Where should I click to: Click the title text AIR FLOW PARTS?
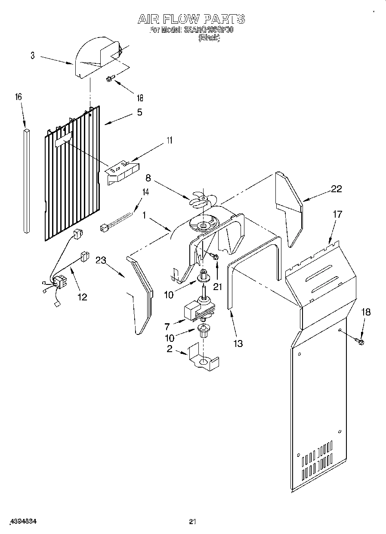pos(191,19)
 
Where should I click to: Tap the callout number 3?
pos(33,56)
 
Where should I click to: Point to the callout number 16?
pos(19,97)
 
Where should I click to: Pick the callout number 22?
pos(337,188)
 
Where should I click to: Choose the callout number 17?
pos(338,214)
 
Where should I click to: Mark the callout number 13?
pos(238,343)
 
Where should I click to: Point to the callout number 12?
pos(82,297)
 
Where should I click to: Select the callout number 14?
pos(146,192)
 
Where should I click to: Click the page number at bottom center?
pos(192,522)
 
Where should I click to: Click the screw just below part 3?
pos(110,79)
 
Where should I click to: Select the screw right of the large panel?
pos(359,342)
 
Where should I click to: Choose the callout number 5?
pos(139,112)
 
